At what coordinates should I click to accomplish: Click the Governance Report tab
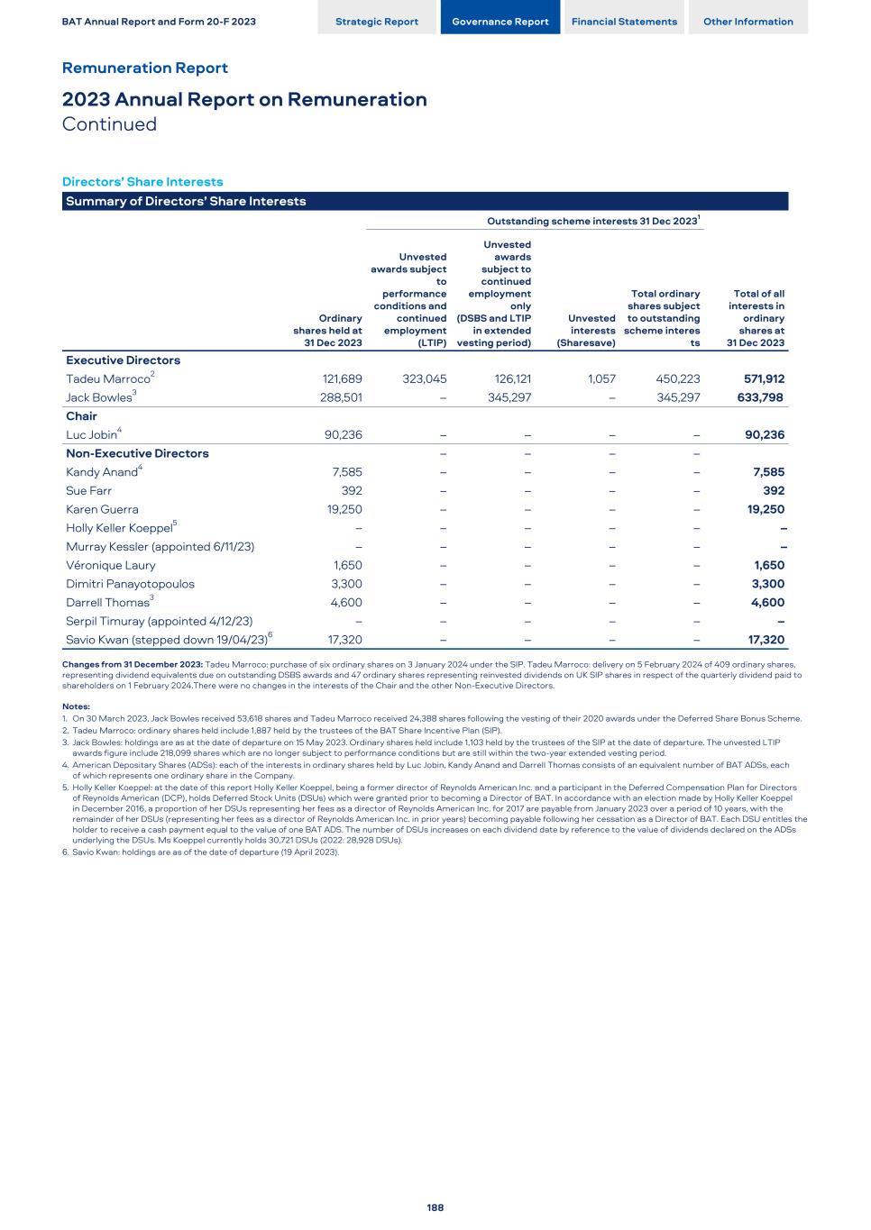click(x=500, y=22)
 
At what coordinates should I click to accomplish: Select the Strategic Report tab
click(x=376, y=22)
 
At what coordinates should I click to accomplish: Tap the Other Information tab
click(x=747, y=22)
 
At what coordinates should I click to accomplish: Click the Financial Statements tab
click(x=624, y=22)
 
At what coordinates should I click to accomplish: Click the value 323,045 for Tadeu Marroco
click(x=423, y=378)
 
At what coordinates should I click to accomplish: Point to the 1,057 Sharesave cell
click(x=601, y=378)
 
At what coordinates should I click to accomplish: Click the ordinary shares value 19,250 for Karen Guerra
click(x=343, y=509)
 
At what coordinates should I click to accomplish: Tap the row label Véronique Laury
click(x=110, y=566)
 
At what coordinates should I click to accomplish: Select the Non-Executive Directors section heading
click(x=137, y=453)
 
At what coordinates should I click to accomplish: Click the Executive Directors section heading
click(x=123, y=360)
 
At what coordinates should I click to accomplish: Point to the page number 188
click(x=435, y=1207)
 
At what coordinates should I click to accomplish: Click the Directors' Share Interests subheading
click(x=142, y=181)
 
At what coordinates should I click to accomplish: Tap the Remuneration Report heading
click(x=144, y=68)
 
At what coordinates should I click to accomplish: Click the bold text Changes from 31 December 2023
click(x=132, y=664)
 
